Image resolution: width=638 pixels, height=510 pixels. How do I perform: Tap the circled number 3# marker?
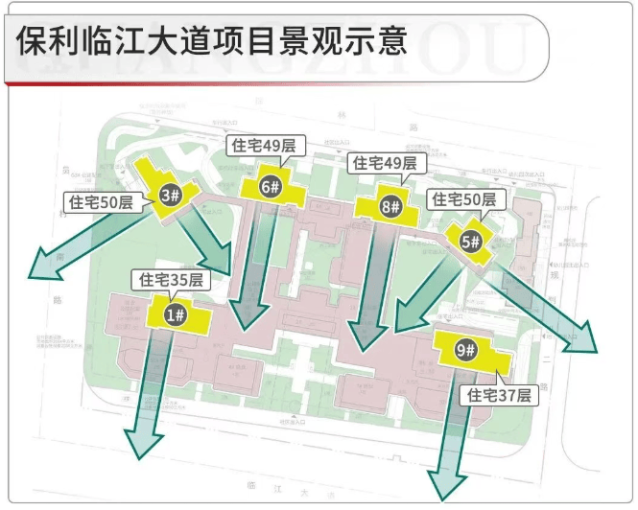(x=172, y=196)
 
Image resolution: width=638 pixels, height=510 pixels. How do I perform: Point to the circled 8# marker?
(x=390, y=205)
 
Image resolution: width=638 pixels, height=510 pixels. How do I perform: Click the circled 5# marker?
(x=470, y=242)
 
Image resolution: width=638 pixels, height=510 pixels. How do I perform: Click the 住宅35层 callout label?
(x=171, y=280)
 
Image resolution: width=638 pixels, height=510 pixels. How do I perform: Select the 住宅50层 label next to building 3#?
(x=100, y=201)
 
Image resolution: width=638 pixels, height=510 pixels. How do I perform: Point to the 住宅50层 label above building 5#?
(x=464, y=199)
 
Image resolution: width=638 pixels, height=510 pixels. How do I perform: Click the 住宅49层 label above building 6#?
(x=264, y=146)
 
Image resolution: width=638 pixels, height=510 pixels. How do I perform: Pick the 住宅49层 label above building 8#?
(x=385, y=163)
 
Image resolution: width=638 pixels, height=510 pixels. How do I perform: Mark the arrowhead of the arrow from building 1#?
(x=142, y=440)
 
